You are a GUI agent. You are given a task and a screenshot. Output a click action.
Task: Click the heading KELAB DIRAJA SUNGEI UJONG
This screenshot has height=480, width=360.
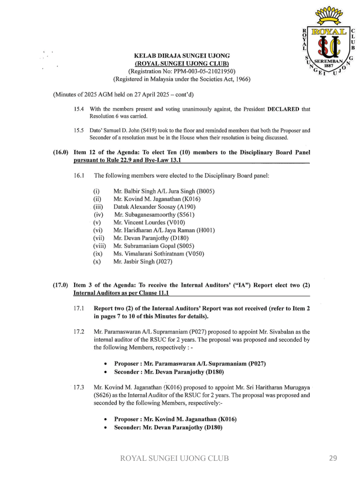click(x=182, y=56)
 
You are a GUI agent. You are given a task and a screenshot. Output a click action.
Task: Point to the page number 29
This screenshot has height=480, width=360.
click(x=333, y=458)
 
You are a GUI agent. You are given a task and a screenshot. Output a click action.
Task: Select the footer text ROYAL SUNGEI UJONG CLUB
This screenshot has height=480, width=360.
click(x=175, y=458)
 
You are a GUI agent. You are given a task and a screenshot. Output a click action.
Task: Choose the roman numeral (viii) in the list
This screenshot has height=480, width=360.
click(x=99, y=246)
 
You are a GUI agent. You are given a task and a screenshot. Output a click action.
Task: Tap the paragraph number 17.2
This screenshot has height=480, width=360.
click(x=79, y=331)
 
